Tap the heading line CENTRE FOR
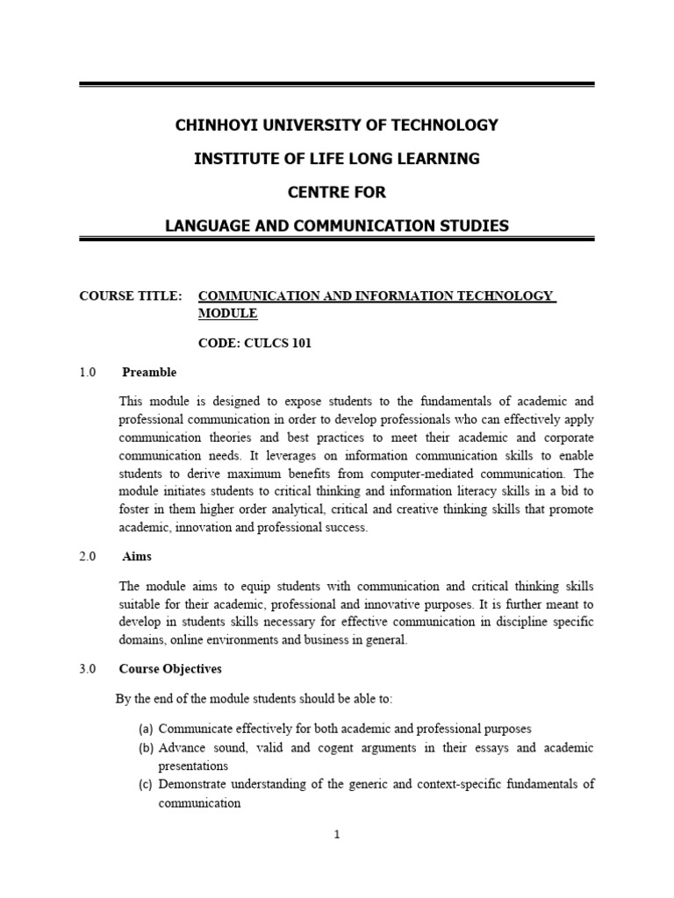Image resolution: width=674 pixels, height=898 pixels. pos(337,192)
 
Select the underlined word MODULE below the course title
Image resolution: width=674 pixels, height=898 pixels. pos(228,313)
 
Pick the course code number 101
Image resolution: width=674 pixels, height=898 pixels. pos(298,343)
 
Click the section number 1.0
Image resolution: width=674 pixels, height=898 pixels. pos(87,372)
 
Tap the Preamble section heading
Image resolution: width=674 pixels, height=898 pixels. pos(149,372)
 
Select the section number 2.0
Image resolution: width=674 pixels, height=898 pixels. pos(87,557)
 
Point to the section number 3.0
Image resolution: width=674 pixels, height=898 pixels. pos(87,668)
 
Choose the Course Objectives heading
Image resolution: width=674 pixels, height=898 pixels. pos(170,668)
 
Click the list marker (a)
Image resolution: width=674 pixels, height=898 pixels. pos(147,729)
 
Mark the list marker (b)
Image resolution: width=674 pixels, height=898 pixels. pos(147,747)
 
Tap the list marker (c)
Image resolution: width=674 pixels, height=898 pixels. pos(147,784)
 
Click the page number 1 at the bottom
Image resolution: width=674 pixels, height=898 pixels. pos(337,835)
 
